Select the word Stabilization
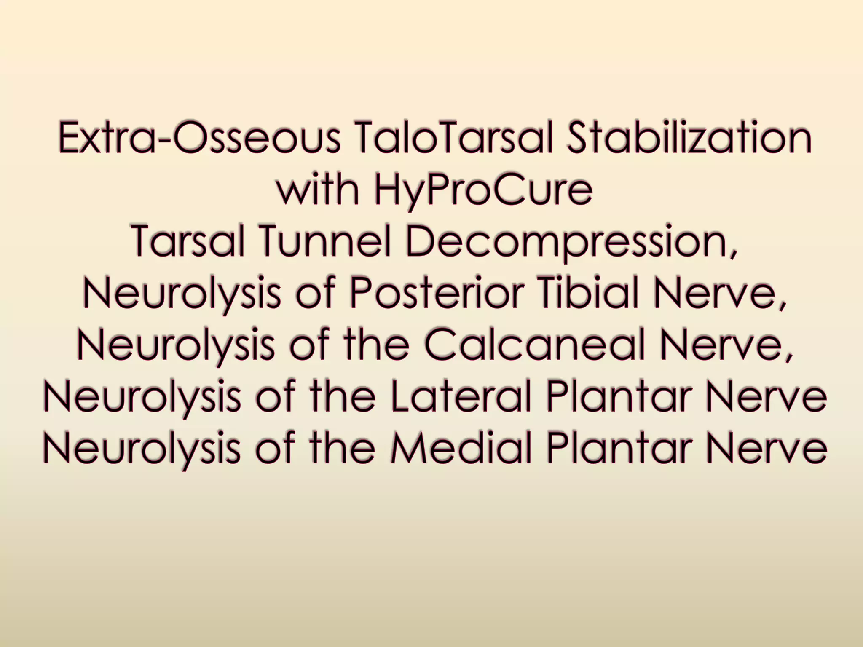click(689, 137)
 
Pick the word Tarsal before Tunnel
click(189, 241)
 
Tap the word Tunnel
click(330, 241)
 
